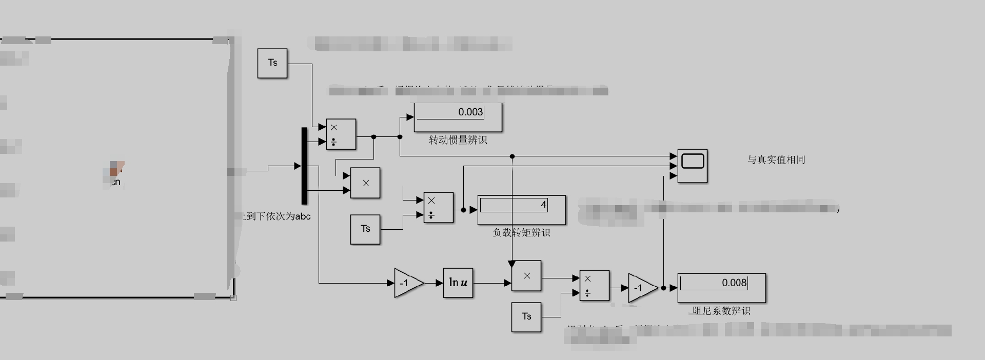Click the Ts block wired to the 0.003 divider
[272, 63]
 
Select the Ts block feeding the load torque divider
[365, 229]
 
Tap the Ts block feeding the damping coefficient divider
[526, 316]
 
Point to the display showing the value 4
[521, 210]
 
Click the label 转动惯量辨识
[458, 140]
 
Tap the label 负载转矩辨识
[521, 232]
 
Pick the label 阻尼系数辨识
[721, 310]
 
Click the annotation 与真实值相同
[776, 159]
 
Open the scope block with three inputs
[692, 166]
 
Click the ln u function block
[458, 283]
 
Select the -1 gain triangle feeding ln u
[407, 283]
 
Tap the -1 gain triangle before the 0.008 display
[641, 288]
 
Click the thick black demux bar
[304, 166]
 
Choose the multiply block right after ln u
[526, 276]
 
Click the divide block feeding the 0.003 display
[341, 134]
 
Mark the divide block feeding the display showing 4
[438, 207]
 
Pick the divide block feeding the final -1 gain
[594, 285]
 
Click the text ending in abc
[275, 216]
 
